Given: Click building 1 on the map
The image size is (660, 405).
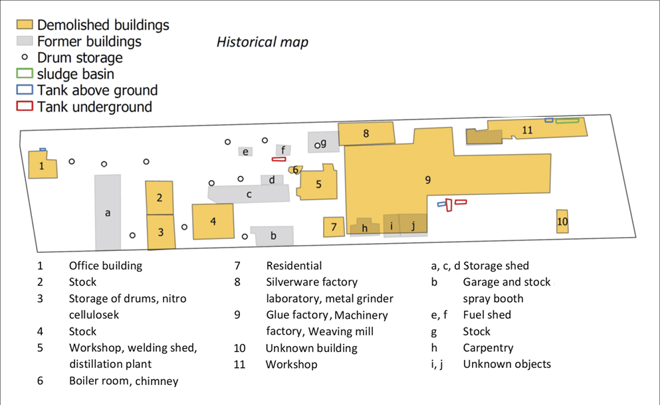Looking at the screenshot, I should tap(43, 165).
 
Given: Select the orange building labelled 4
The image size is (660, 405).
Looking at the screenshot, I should tap(213, 221).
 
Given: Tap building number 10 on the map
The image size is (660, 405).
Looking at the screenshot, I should tap(562, 222).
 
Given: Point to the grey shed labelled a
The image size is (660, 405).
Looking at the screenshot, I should tap(108, 212).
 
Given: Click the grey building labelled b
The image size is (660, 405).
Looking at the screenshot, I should tap(273, 235).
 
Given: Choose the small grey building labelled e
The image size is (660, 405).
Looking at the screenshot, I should tap(246, 152).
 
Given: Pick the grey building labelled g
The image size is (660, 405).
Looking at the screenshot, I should tap(323, 142).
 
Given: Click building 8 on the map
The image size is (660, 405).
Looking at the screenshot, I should tap(366, 133).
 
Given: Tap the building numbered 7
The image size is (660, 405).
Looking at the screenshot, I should tap(334, 227).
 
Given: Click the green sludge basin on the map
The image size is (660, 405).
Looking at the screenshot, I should tap(567, 120).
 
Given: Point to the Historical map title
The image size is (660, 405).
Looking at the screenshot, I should tap(262, 42).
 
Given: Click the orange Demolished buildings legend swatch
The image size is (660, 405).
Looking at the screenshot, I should tap(25, 25).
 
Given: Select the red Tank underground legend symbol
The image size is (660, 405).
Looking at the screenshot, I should tap(25, 106).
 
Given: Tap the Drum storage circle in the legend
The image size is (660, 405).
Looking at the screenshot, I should tap(25, 58).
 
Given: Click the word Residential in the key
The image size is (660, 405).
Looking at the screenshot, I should tap(294, 266).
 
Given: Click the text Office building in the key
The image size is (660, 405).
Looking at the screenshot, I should tap(106, 266).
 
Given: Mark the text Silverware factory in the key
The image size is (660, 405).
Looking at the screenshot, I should tap(312, 282).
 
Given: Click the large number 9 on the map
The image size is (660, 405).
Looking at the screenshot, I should tap(428, 179).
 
